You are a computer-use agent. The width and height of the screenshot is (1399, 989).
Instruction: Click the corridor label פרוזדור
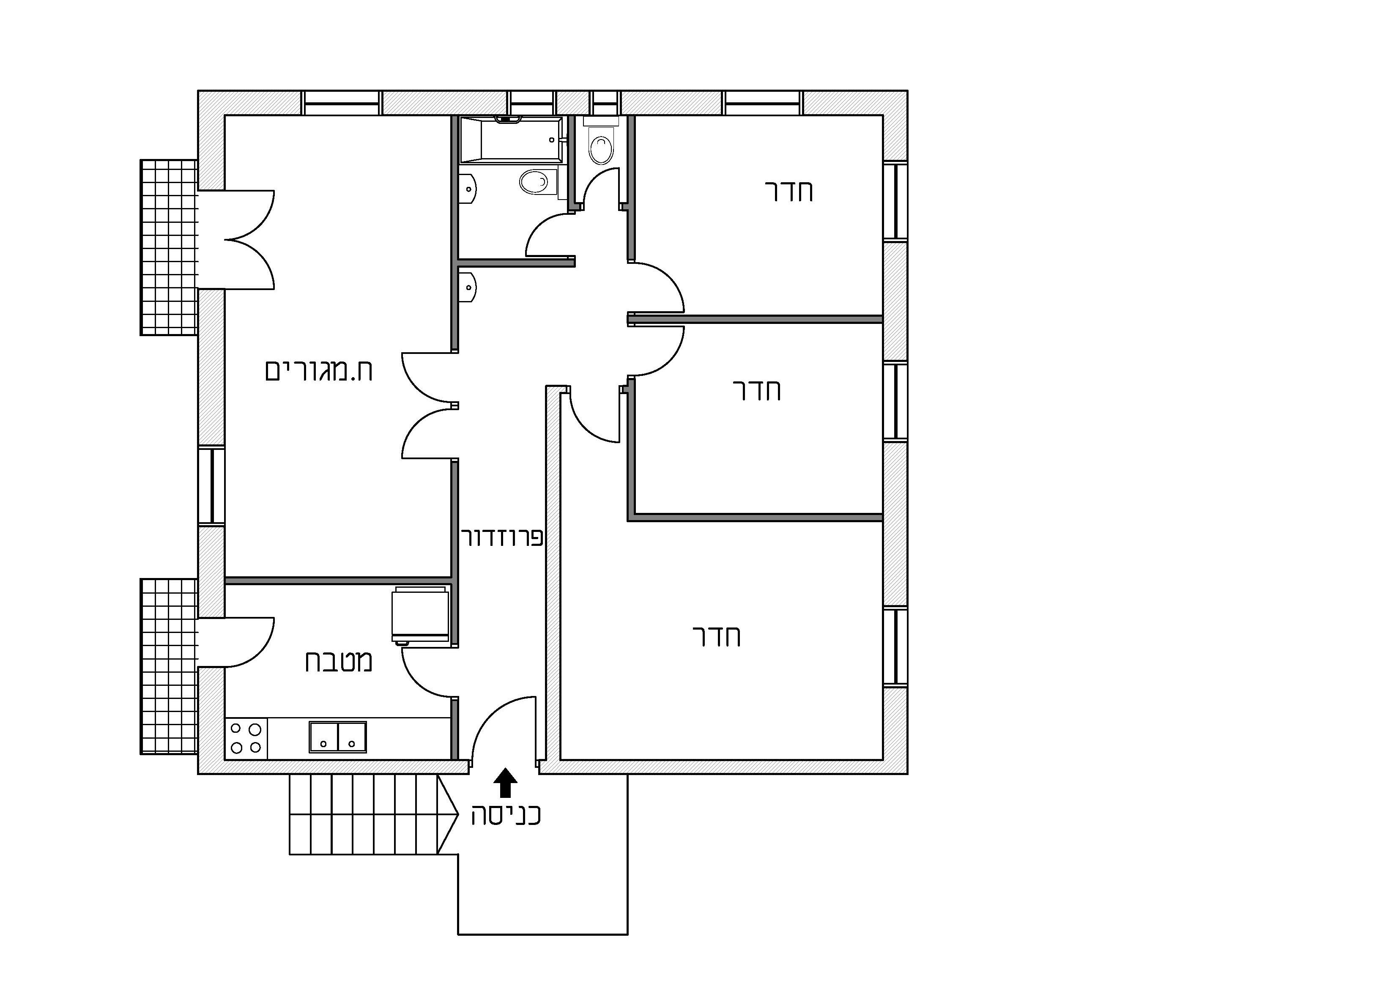503,537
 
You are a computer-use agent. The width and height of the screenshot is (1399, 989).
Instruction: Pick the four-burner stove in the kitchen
246,738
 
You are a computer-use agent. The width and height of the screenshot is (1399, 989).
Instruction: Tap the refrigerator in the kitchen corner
422,614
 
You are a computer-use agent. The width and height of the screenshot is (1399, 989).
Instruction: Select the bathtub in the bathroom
511,139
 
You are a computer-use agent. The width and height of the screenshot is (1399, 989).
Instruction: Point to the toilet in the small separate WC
601,145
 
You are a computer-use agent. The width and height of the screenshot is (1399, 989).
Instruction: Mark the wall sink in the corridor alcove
468,288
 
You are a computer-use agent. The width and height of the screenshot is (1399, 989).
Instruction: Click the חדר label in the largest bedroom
717,637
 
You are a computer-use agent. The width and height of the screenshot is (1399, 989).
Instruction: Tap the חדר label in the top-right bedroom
789,192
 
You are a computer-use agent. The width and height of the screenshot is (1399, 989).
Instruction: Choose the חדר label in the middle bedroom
757,389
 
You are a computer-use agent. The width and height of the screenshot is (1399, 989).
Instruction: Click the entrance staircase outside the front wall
373,814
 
